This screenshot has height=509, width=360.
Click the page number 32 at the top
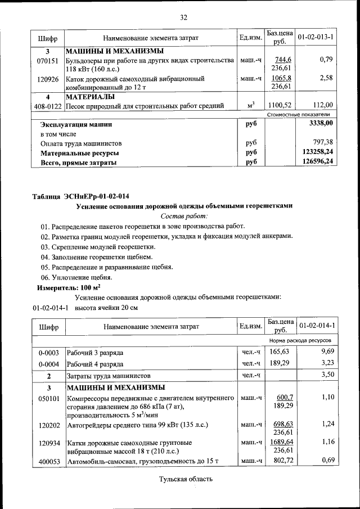183,17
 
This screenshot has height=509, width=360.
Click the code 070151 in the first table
48,60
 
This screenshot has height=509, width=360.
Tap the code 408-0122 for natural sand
48,105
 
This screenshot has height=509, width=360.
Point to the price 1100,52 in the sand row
280,105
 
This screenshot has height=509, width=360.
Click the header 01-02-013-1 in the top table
316,38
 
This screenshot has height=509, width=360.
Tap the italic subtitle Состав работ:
184,216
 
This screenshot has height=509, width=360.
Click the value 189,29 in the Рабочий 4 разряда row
280,363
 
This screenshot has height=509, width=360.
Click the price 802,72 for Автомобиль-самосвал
280,461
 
